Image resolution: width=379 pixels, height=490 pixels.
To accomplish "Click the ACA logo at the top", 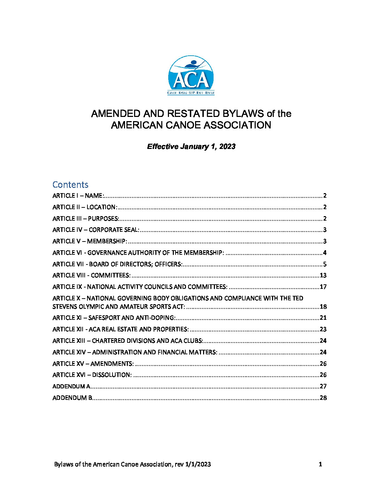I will [191, 75].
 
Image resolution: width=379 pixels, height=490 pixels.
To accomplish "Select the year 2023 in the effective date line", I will [227, 147].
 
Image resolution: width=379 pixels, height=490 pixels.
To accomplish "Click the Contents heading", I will [70, 184].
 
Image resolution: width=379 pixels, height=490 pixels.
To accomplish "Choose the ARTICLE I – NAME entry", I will [78, 196].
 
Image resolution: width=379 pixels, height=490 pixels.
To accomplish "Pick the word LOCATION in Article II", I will [101, 207].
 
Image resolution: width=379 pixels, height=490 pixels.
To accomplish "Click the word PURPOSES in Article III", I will [103, 219].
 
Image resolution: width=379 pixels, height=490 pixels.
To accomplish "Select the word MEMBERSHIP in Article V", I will [107, 241].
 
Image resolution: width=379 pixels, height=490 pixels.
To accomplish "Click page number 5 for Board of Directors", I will [325, 264].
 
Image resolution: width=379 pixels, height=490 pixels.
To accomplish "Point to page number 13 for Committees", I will [323, 275].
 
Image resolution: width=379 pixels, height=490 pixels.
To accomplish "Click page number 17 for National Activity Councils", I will [323, 287].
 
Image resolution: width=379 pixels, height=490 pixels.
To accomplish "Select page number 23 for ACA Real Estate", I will [323, 329].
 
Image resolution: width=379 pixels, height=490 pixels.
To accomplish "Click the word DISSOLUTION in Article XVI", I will [111, 375].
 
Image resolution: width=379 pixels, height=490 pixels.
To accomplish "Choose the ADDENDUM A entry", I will [71, 386].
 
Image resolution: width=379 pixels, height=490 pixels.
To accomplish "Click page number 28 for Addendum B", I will [323, 398].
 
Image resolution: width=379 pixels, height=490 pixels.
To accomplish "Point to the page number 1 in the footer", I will [320, 464].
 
